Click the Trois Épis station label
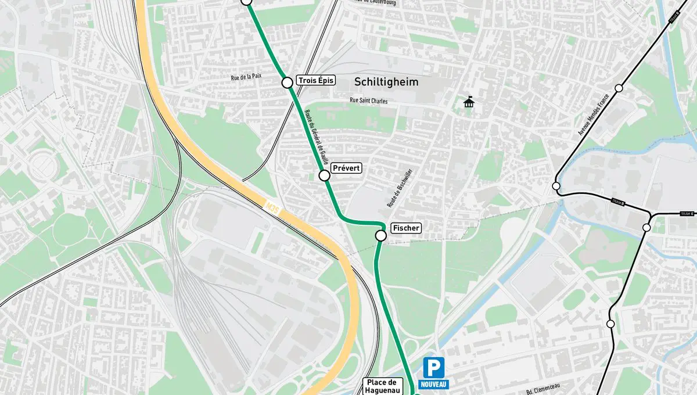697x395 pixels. pos(316,80)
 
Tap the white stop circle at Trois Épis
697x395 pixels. pos(287,82)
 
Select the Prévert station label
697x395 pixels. pos(347,168)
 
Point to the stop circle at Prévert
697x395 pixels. pos(325,175)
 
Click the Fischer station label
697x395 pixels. pos(406,228)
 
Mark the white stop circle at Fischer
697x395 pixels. pos(381,235)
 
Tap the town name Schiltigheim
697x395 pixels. pos(386,82)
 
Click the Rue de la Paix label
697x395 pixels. pos(246,77)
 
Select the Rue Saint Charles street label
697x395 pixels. pos(368,100)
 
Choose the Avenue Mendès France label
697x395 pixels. pos(594,114)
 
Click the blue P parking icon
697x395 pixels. pos(433,368)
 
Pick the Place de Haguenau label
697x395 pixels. pos(381,386)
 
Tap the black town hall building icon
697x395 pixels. pos(469,103)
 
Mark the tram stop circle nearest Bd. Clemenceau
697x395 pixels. pos(610,324)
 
